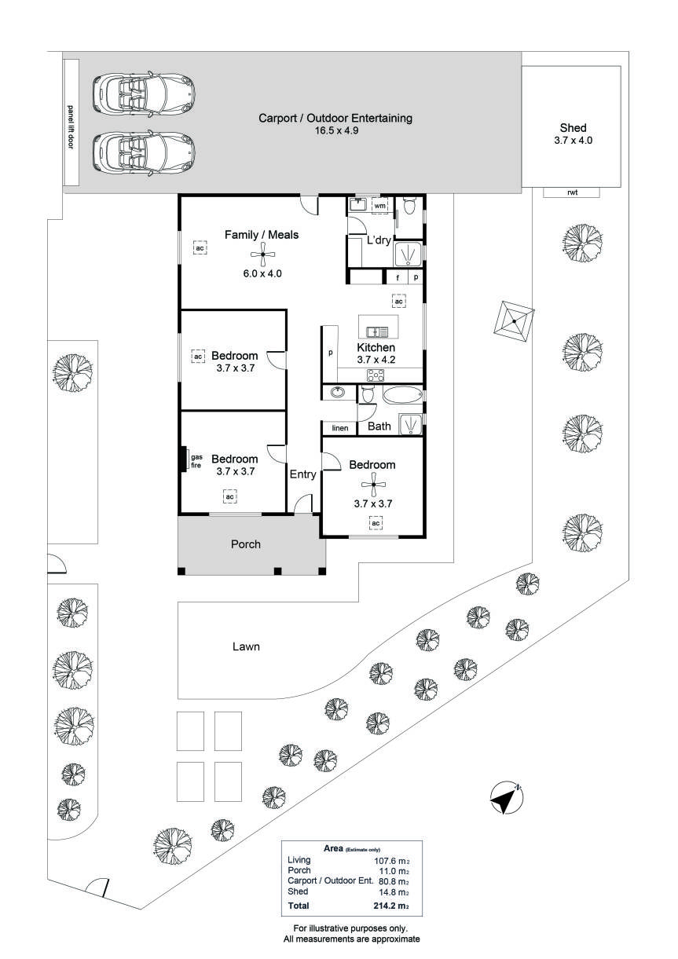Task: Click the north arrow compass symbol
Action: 506,797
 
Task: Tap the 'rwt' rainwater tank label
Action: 572,192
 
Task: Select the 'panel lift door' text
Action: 71,126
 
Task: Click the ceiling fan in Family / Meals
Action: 262,254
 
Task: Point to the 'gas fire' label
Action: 196,461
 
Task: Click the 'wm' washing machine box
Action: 379,206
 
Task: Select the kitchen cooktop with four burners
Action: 376,375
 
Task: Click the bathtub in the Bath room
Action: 402,395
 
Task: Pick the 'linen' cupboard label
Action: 340,428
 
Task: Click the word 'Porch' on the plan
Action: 245,544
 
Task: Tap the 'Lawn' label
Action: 246,646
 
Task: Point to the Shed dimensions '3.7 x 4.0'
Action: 573,140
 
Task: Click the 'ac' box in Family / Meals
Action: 200,248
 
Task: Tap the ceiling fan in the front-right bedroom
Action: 373,484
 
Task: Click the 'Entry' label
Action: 302,474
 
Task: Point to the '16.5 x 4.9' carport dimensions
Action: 337,130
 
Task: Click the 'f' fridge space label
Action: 398,278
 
